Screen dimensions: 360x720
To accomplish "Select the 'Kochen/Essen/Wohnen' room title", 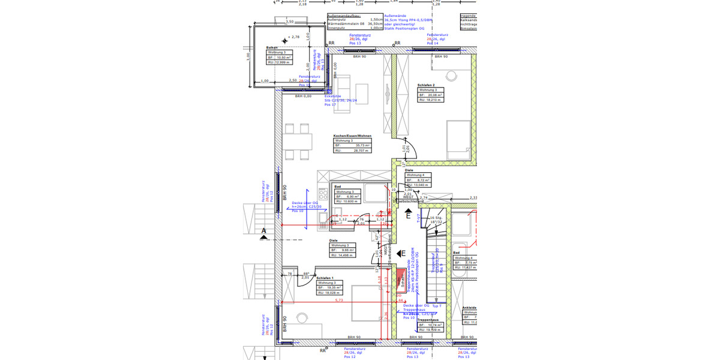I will pos(353,136).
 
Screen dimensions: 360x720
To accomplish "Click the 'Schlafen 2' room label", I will pos(426,85).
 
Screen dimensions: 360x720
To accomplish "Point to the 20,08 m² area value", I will pos(435,95).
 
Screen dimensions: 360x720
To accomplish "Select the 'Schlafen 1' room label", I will pos(325,278).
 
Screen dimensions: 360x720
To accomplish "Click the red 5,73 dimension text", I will pos(338,300).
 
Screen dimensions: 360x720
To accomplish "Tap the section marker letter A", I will pos(263,230).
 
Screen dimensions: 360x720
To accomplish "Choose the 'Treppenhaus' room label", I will pos(427,320).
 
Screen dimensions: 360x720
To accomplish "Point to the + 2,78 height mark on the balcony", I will pos(293,37).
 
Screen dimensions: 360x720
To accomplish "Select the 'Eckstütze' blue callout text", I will pos(332,95).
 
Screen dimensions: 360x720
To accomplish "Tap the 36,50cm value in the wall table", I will pos(375,23).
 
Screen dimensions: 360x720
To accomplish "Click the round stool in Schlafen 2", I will pos(451,75).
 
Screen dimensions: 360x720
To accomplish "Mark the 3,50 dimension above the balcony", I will pos(290,22).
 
